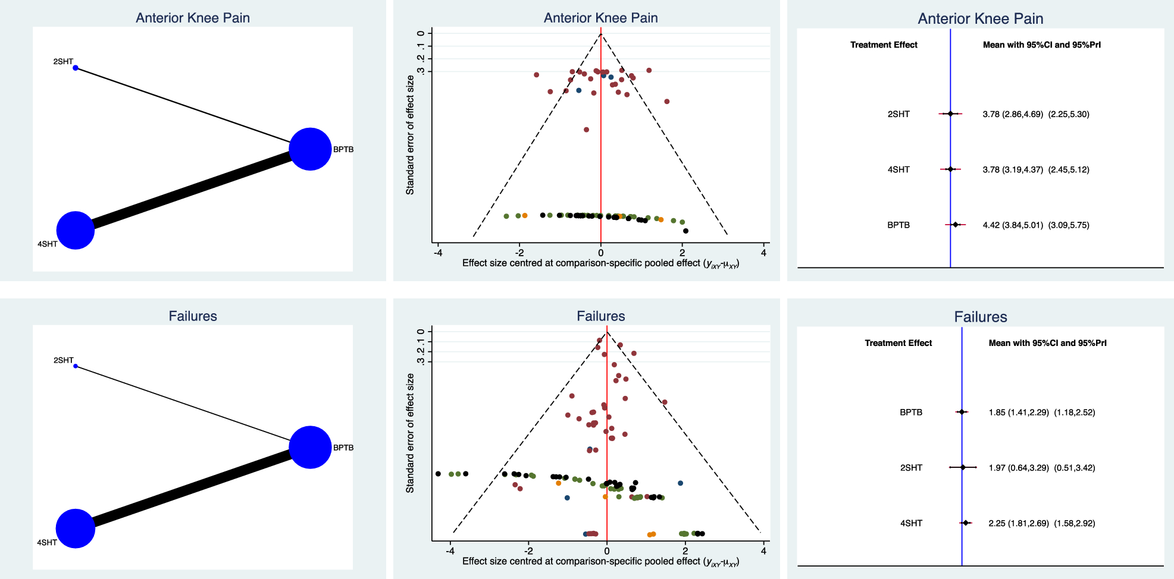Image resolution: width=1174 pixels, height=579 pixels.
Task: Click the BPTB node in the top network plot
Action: [x=310, y=149]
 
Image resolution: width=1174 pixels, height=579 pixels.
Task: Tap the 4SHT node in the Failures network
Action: [x=76, y=528]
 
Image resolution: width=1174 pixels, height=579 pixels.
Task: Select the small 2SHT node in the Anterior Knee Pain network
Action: [x=76, y=68]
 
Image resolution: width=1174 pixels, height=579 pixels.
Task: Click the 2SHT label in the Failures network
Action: [x=63, y=360]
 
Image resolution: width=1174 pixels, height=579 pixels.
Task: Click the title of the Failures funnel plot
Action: [x=600, y=316]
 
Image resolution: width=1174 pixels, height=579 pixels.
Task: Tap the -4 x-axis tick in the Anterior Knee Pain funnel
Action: [x=439, y=253]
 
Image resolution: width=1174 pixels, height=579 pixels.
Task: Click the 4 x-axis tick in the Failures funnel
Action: [x=763, y=551]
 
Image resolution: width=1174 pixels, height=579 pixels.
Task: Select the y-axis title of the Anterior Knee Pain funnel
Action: [x=410, y=135]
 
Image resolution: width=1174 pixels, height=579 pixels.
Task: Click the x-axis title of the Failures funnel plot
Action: [x=600, y=561]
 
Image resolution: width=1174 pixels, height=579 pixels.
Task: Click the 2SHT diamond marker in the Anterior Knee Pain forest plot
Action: [x=950, y=114]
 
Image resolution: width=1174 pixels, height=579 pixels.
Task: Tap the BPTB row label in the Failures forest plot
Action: [x=910, y=412]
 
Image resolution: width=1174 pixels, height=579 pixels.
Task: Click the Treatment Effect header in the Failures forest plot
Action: [x=898, y=343]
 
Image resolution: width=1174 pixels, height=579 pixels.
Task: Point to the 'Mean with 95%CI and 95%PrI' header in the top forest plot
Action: [x=1041, y=45]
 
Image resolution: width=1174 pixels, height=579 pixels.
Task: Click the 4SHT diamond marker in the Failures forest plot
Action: [x=966, y=523]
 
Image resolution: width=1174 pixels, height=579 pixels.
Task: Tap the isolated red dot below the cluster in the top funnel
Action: [x=586, y=130]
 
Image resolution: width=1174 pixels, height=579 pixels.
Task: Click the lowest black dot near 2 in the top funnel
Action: [x=685, y=231]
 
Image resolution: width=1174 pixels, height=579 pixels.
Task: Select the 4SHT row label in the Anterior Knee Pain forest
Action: [x=898, y=169]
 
